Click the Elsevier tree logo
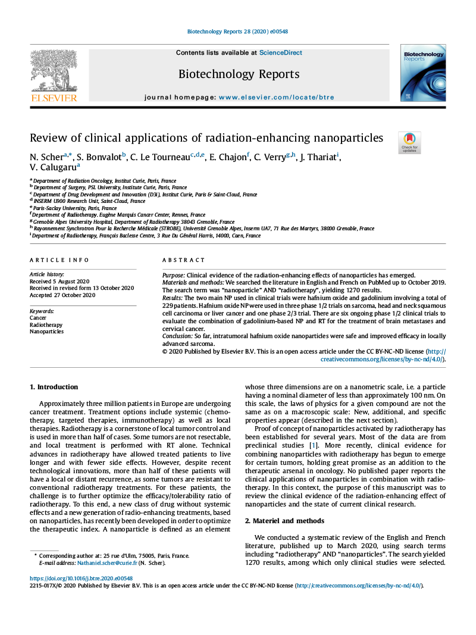tap(54, 74)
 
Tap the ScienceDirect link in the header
tap(280, 53)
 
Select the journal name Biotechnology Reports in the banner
tap(239, 74)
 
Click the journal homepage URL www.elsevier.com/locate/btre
tap(276, 97)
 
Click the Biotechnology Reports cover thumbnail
tap(422, 73)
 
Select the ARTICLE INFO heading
tap(59, 260)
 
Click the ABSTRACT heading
tap(184, 260)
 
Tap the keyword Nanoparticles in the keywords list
tap(46, 331)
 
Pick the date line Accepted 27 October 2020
tap(62, 295)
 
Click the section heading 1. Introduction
tap(54, 387)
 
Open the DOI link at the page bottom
tap(81, 578)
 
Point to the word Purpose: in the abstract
tap(174, 276)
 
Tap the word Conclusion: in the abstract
tap(178, 336)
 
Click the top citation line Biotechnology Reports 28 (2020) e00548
tap(237, 32)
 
